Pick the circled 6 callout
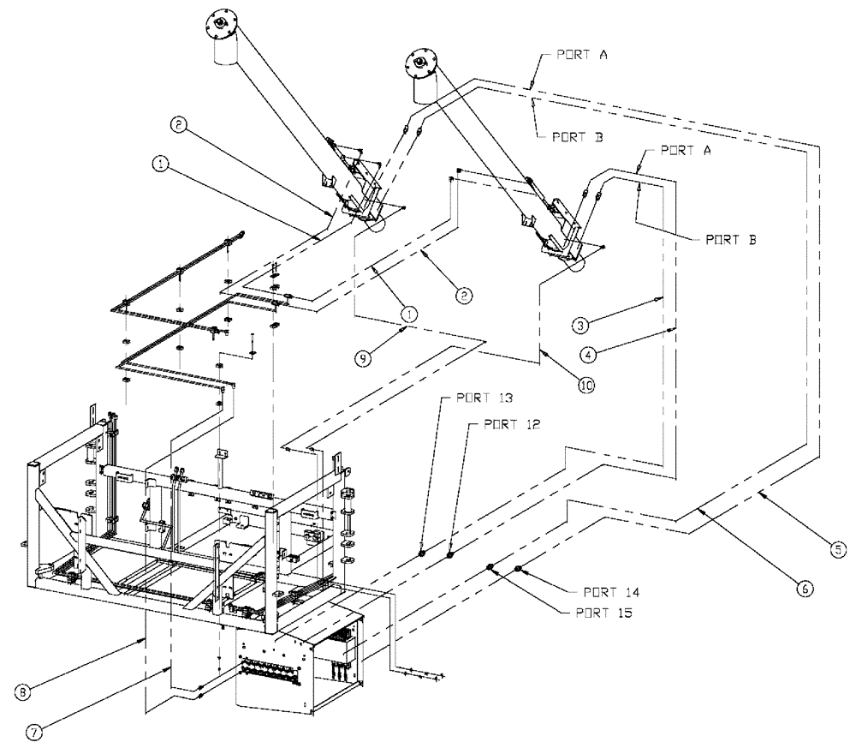805,589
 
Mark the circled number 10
586,386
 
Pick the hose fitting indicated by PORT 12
450,555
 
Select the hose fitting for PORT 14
519,568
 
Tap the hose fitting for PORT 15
490,567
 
